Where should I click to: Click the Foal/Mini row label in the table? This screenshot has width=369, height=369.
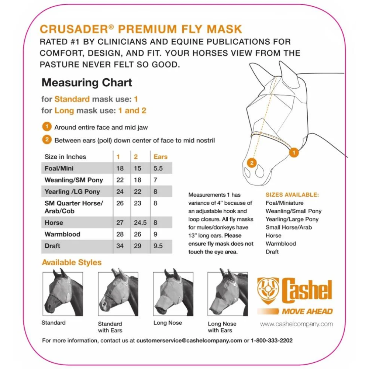tap(59, 168)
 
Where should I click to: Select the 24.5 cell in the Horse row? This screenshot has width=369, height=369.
tap(140, 223)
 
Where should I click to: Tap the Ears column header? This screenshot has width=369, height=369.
tap(161, 157)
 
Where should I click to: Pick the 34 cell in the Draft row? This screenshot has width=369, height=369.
tap(120, 246)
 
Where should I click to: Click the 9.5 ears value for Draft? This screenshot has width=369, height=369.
tap(158, 246)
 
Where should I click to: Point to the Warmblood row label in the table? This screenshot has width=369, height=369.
tap(62, 234)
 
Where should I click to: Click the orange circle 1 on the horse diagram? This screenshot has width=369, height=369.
tap(294, 152)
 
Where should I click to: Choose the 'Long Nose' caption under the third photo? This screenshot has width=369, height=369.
tap(168, 323)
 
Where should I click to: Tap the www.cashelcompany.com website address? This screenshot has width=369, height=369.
tap(296, 324)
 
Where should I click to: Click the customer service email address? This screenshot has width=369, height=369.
tap(189, 341)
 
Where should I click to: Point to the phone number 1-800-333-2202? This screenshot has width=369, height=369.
tap(272, 341)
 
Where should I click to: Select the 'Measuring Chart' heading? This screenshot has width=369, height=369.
tap(87, 82)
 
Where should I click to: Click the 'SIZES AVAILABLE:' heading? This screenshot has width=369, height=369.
tap(292, 194)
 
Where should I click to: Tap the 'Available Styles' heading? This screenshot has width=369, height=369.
tap(72, 262)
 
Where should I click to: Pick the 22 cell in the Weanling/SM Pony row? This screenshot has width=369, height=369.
tap(120, 180)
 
